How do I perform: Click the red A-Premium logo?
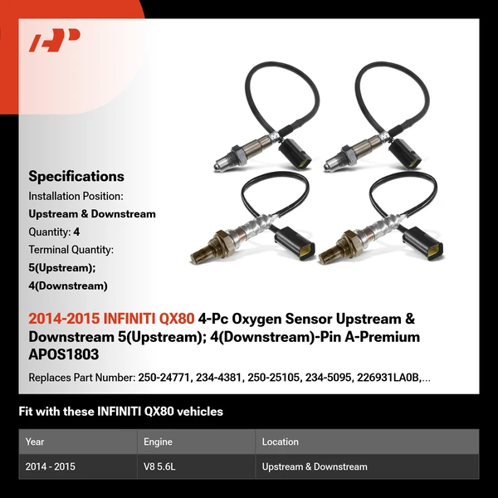tap(55, 40)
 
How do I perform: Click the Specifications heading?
tap(76, 176)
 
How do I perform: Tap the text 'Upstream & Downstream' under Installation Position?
tap(92, 214)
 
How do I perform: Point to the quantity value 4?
tap(76, 232)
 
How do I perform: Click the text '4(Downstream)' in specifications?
tap(68, 286)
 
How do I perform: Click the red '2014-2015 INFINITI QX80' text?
tap(111, 319)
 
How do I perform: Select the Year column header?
tap(35, 442)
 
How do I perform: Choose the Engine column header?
tap(158, 442)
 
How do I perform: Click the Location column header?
tap(280, 442)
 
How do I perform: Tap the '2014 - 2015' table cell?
tap(51, 466)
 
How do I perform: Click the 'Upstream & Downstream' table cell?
tap(314, 466)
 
